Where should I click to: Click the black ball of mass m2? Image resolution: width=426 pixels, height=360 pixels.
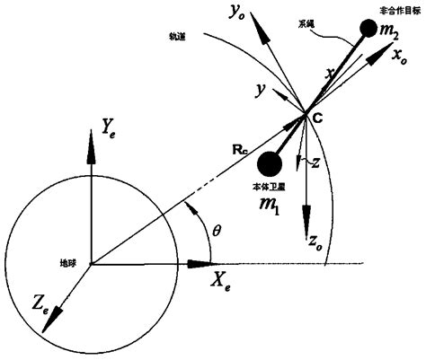(x=367, y=30)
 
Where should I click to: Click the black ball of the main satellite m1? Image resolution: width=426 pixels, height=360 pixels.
(x=269, y=163)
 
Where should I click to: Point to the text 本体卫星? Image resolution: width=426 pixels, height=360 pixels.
(x=267, y=190)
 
